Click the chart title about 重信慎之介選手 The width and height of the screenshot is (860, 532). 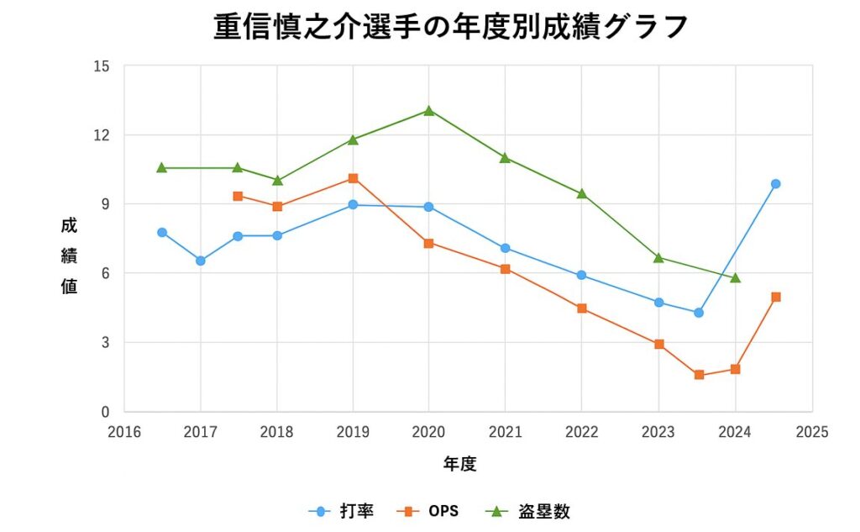pyautogui.click(x=451, y=27)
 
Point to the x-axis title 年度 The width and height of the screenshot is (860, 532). pyautogui.click(x=459, y=463)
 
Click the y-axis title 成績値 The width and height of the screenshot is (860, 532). pyautogui.click(x=69, y=256)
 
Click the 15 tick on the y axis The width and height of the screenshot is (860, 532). pyautogui.click(x=102, y=66)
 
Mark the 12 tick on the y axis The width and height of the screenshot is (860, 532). pyautogui.click(x=102, y=134)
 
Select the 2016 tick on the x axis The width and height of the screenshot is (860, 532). pyautogui.click(x=124, y=432)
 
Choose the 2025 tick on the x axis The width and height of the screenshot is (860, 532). pyautogui.click(x=811, y=432)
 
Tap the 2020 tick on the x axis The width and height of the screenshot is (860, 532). pyautogui.click(x=429, y=432)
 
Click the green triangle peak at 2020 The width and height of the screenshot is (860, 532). pyautogui.click(x=429, y=110)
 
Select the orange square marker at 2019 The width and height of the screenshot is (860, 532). pyautogui.click(x=353, y=178)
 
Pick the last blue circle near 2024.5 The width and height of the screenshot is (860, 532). pyautogui.click(x=776, y=184)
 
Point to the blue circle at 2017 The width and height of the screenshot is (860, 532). pyautogui.click(x=201, y=261)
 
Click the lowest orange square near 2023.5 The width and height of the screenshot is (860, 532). pyautogui.click(x=699, y=375)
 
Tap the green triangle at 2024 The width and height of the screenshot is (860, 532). pyautogui.click(x=736, y=278)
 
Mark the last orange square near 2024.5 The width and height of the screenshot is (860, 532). pyautogui.click(x=776, y=297)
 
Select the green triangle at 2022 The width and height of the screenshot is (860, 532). pyautogui.click(x=582, y=193)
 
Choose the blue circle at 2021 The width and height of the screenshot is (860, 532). pyautogui.click(x=506, y=248)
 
